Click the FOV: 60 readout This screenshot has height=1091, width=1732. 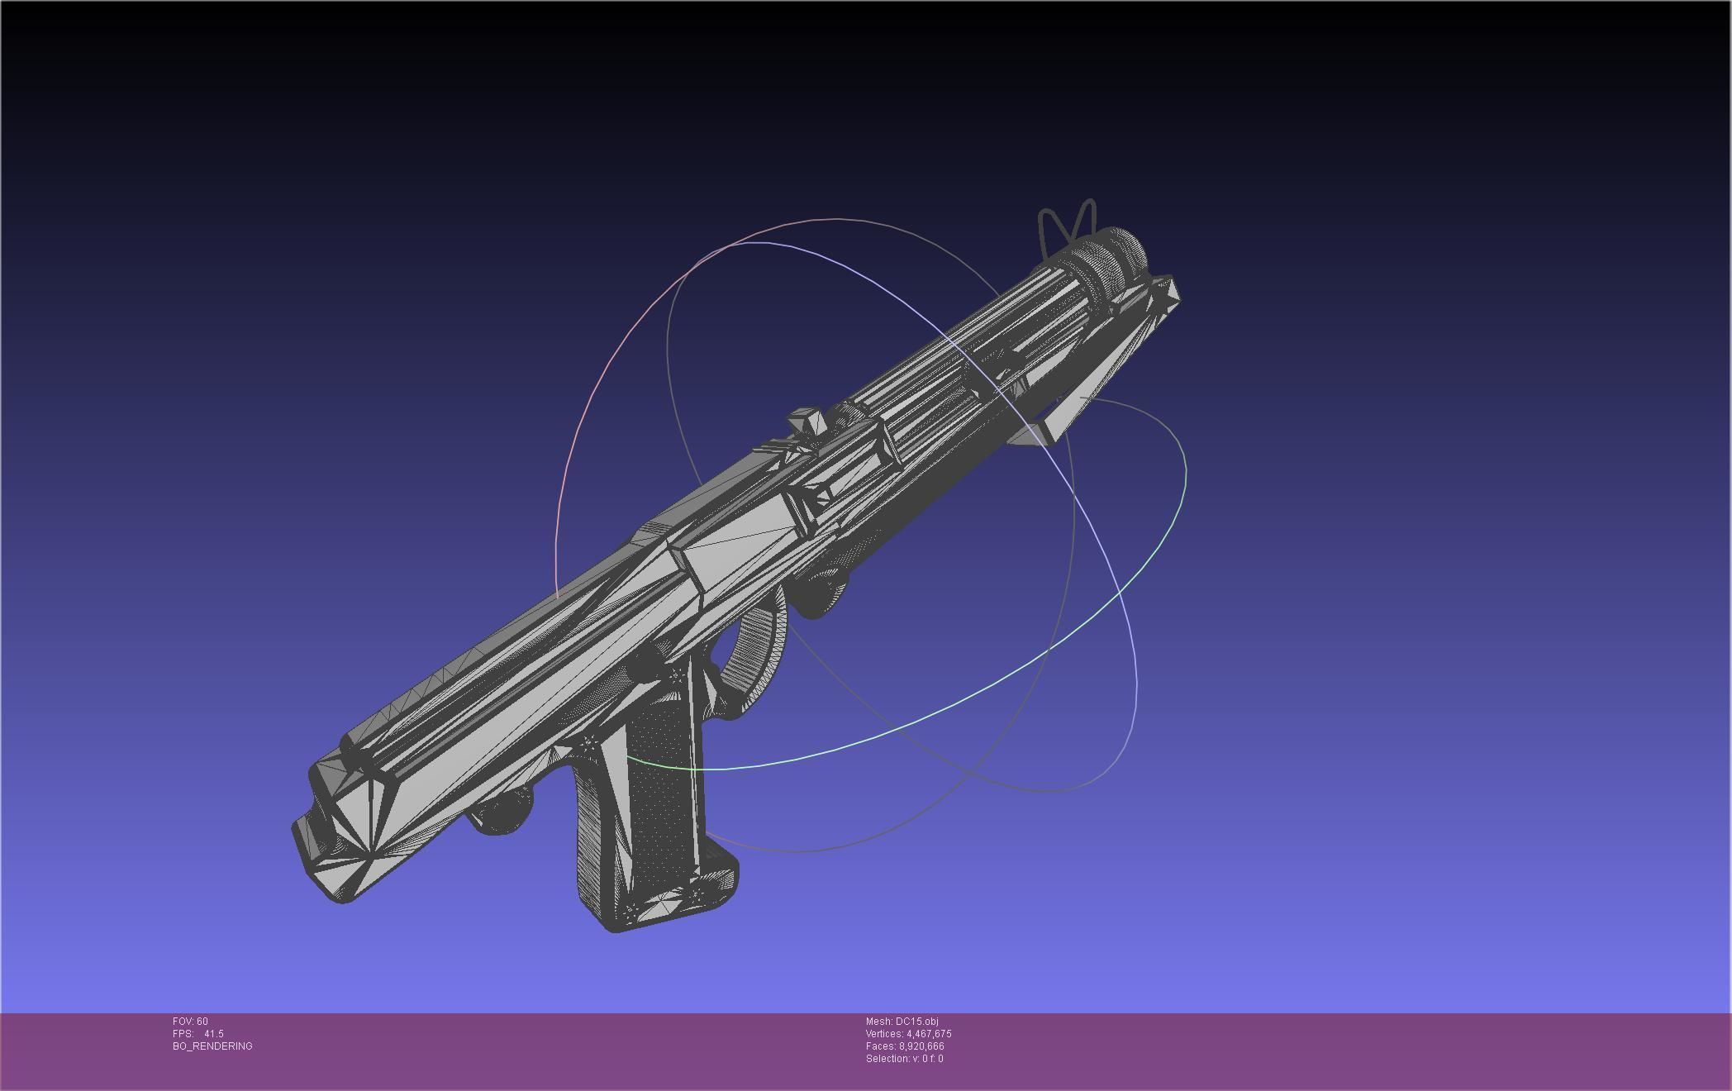(x=190, y=1022)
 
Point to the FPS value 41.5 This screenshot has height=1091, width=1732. (x=213, y=1034)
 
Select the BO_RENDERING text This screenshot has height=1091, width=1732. (x=212, y=1046)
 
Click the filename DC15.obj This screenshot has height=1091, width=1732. (x=916, y=1022)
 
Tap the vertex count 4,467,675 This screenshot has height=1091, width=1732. (x=929, y=1034)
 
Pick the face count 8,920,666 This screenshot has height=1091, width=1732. (x=921, y=1046)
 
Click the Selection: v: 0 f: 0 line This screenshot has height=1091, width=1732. (x=904, y=1059)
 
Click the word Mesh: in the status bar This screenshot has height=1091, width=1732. (x=879, y=1022)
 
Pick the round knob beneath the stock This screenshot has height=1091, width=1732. (x=500, y=814)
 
